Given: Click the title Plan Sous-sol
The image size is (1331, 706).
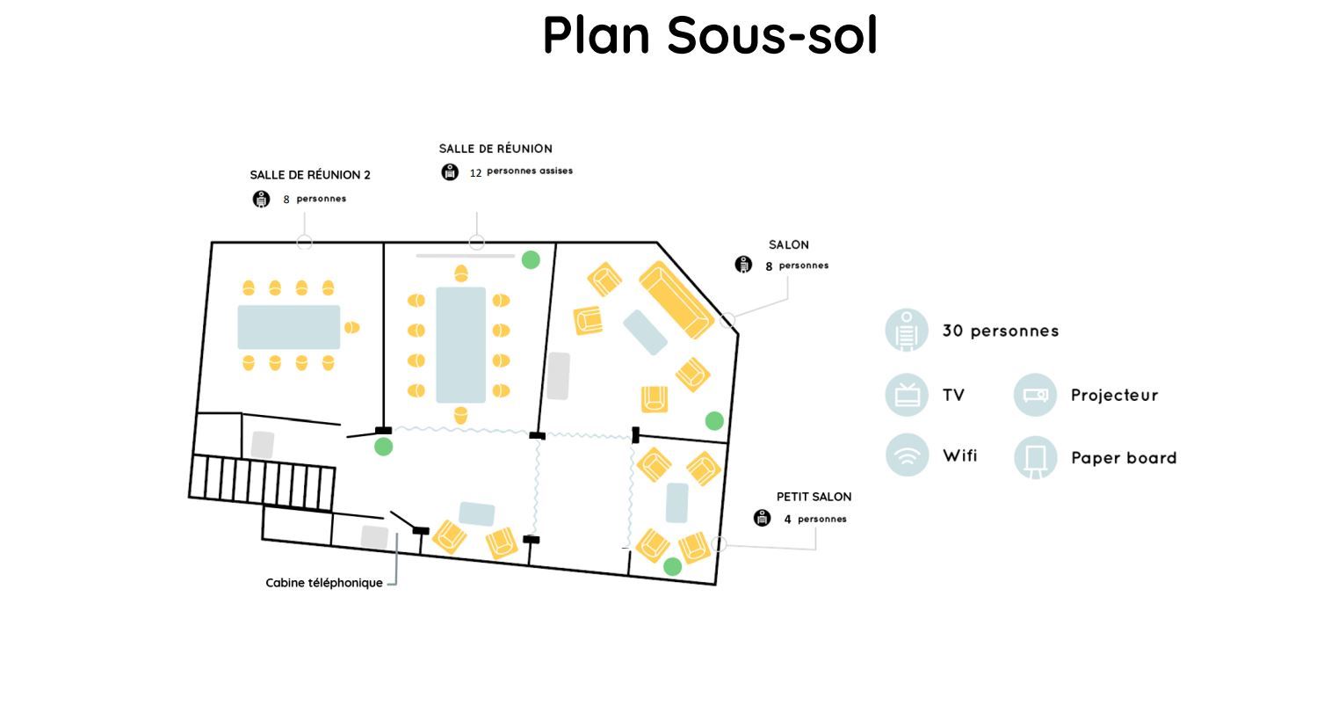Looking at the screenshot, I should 710,35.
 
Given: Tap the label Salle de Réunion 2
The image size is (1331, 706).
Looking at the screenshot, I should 310,175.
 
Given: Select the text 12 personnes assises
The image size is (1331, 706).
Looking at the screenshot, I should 521,171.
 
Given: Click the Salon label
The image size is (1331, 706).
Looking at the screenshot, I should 788,244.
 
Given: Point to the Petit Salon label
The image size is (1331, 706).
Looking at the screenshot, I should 814,497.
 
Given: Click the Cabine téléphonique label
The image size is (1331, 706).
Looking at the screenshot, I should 324,583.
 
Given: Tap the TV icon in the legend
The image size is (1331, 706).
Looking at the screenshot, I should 907,394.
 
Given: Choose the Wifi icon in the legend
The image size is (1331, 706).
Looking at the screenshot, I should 907,455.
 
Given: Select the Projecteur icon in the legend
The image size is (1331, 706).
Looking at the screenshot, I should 1035,395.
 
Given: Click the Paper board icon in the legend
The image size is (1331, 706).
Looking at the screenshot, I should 1035,457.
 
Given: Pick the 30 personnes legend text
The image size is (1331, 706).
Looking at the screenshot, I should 1001,331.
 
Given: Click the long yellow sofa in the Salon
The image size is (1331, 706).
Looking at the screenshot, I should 676,299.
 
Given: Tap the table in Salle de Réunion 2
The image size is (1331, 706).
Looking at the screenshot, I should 288,327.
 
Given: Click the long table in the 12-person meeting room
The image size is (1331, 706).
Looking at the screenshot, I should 460,345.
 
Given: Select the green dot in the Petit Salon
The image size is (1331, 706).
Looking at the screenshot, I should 672,567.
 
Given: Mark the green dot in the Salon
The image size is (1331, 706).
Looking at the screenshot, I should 714,420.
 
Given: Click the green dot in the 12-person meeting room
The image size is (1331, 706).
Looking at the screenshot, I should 531,259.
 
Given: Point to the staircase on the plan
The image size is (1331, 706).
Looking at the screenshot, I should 263,482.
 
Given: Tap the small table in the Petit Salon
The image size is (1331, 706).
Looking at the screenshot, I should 676,503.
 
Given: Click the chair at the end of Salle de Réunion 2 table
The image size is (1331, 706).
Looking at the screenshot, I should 351,328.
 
